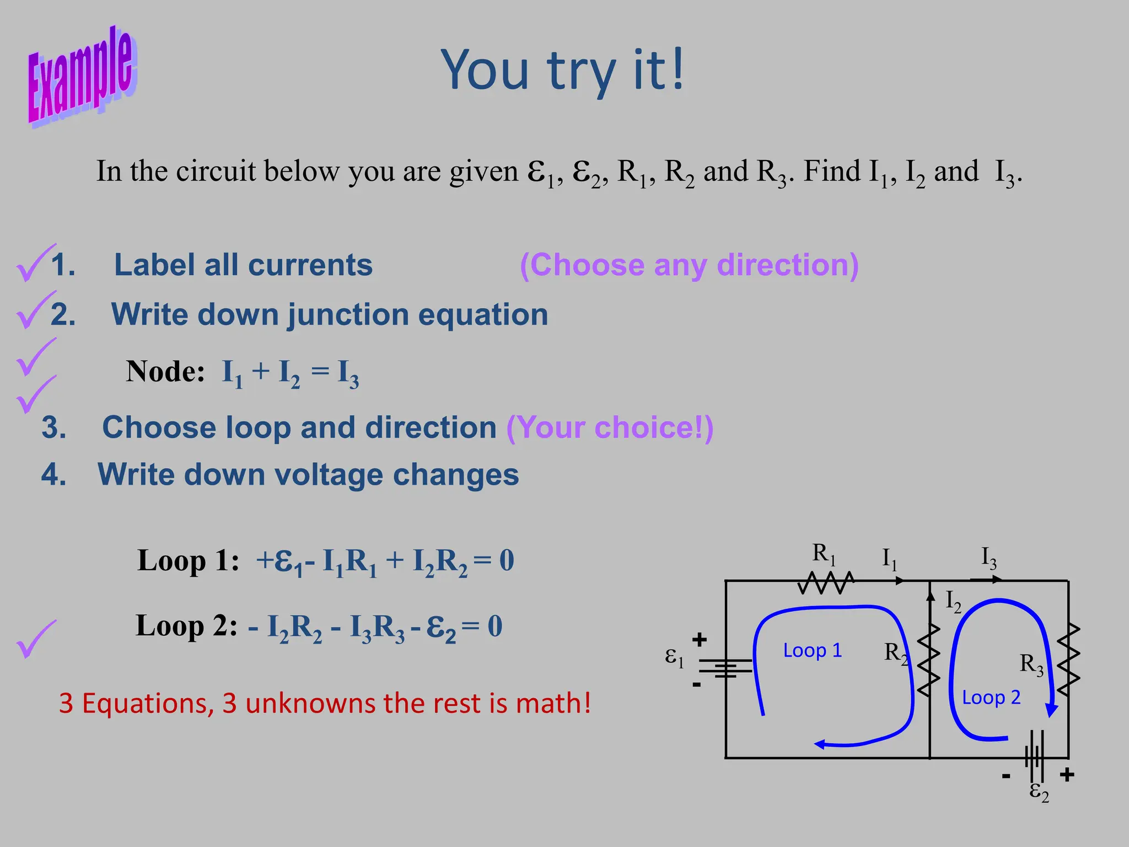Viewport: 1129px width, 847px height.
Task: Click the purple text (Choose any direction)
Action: click(689, 265)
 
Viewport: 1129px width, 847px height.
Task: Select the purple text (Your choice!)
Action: click(610, 427)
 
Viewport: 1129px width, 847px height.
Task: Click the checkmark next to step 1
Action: click(34, 263)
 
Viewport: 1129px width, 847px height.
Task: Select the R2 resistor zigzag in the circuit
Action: click(929, 660)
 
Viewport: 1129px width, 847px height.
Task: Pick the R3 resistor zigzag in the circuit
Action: click(1068, 660)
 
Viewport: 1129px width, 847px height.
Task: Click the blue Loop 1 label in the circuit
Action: click(813, 651)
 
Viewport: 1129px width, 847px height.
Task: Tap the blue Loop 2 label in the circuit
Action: click(991, 698)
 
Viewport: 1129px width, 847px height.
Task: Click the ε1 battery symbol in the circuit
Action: click(726, 668)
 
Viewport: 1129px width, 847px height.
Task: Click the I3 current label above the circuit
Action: click(989, 558)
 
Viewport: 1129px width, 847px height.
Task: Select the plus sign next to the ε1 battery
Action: click(699, 640)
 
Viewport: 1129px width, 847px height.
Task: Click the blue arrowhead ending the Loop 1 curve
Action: click(820, 744)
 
